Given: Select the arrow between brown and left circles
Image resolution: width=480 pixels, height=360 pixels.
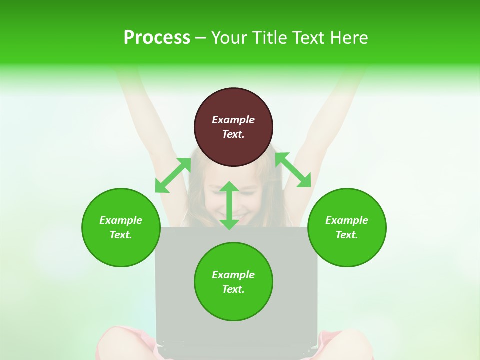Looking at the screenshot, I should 173,175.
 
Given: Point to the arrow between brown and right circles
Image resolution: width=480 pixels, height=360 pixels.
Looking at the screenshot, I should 293,170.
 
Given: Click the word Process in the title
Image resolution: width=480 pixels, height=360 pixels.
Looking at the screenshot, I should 157,37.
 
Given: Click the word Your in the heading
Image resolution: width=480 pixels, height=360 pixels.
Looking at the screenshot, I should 229,37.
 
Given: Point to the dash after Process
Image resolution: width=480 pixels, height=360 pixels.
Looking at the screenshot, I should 200,38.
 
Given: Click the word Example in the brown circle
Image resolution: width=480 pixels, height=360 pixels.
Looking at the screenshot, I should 233,120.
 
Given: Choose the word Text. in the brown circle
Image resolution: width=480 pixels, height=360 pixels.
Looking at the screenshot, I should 233,134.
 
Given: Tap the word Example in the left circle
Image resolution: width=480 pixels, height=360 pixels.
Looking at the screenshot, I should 121,220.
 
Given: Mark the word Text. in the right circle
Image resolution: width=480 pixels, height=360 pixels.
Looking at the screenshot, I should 347,235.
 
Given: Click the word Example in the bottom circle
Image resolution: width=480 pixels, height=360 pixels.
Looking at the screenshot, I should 233,275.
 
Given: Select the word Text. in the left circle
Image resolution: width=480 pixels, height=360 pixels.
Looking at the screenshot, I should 121,235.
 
